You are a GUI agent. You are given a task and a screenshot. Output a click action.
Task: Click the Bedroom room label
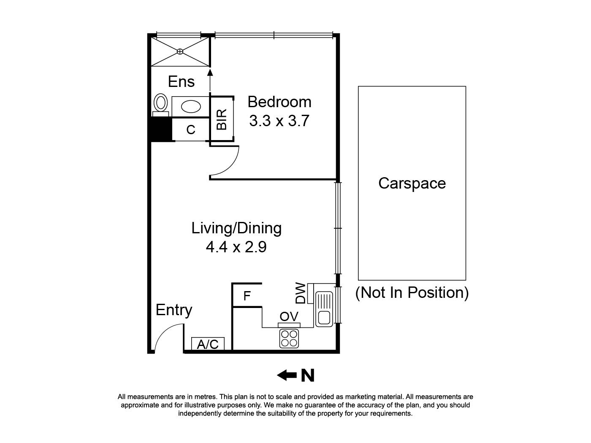point(279,102)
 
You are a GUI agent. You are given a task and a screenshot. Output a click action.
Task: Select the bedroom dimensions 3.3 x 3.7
point(279,121)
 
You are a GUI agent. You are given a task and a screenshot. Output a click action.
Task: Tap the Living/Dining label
point(236,228)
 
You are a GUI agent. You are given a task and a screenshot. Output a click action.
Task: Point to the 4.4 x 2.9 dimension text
point(236,246)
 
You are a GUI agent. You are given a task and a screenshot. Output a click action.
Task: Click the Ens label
point(181,81)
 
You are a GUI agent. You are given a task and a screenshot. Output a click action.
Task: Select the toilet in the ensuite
point(160,103)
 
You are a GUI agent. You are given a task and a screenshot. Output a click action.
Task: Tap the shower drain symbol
point(180,51)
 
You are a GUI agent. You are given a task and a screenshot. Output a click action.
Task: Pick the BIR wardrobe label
point(222,119)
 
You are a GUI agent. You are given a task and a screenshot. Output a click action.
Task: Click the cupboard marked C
point(191,130)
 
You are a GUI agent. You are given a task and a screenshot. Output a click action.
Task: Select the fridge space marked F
point(247,296)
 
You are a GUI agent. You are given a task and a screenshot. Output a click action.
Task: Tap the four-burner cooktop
point(289,338)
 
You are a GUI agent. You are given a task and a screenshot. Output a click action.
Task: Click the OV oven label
point(289,316)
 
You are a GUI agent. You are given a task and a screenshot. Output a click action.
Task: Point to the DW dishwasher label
point(301,293)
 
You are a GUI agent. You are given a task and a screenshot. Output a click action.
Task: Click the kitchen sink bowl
point(324,318)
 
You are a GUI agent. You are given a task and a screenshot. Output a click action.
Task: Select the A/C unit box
point(208,344)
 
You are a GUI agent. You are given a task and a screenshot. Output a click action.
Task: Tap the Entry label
point(174,310)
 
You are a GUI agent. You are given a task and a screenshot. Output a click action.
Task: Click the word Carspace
point(412,183)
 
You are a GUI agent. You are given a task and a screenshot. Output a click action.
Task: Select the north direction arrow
point(287,375)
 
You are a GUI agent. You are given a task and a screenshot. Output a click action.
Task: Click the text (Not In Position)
point(412,292)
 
